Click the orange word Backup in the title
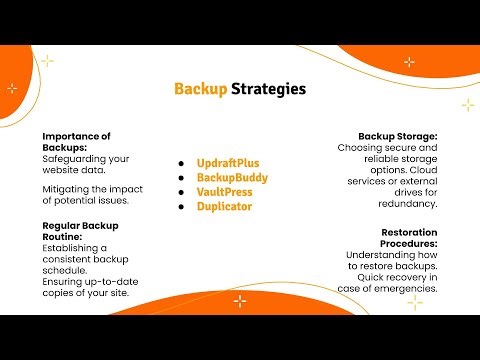click(200, 88)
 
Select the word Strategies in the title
click(268, 88)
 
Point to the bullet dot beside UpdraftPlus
click(182, 162)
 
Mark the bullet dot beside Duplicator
click(182, 207)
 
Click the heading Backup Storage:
click(398, 136)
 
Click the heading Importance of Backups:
click(76, 141)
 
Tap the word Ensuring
click(64, 282)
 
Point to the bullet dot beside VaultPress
click(182, 192)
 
